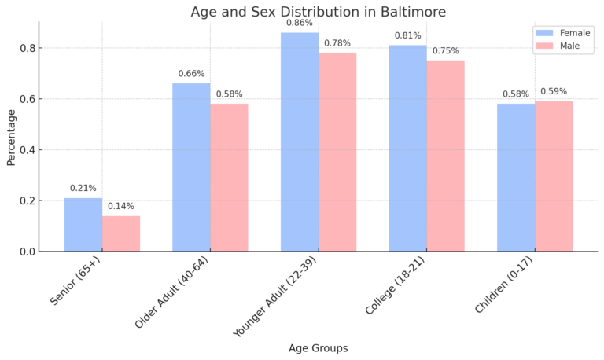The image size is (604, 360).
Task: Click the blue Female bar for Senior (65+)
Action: coord(83,225)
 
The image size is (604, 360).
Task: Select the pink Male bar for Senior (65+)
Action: coord(121,233)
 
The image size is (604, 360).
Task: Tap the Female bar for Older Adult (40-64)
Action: coord(191,167)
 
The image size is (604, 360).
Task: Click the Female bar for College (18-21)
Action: coord(407,148)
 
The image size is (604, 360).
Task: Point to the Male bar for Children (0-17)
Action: coord(554,176)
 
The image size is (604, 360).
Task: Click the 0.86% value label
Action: coord(300,23)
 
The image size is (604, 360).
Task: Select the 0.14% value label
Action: coord(121,206)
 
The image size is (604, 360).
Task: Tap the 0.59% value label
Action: coord(554,91)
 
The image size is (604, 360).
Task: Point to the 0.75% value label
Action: coord(445,50)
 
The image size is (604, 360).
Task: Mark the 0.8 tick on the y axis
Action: coord(27,48)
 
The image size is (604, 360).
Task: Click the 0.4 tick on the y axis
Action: coord(27,150)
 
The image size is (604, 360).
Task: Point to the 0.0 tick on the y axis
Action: coord(27,252)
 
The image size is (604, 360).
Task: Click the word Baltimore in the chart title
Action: coord(408,12)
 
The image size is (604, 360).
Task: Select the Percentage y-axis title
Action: coord(11,137)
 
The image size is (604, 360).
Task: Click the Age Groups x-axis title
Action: coord(318,347)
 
